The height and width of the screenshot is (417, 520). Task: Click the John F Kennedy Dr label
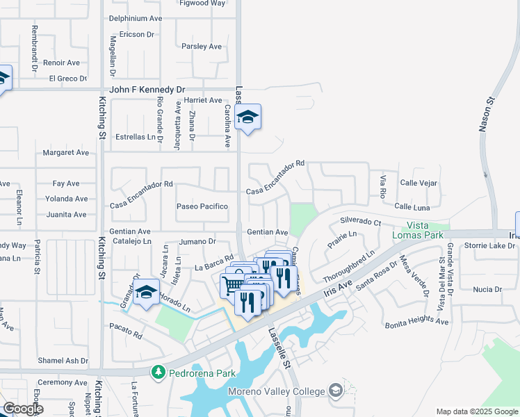coord(147,90)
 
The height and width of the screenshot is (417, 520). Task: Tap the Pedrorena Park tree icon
coord(158,373)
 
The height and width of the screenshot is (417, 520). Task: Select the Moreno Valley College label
coord(278,391)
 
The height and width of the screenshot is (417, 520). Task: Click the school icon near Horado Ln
coord(147,293)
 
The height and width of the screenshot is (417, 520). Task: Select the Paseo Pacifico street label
coord(202,206)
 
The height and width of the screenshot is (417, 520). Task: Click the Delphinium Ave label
coord(134,19)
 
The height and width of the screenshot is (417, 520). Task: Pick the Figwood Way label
coord(202,3)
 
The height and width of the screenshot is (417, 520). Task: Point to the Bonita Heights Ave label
coord(416,322)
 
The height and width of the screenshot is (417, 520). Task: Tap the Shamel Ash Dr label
coord(63,361)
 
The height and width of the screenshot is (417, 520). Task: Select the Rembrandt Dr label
coord(33,43)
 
